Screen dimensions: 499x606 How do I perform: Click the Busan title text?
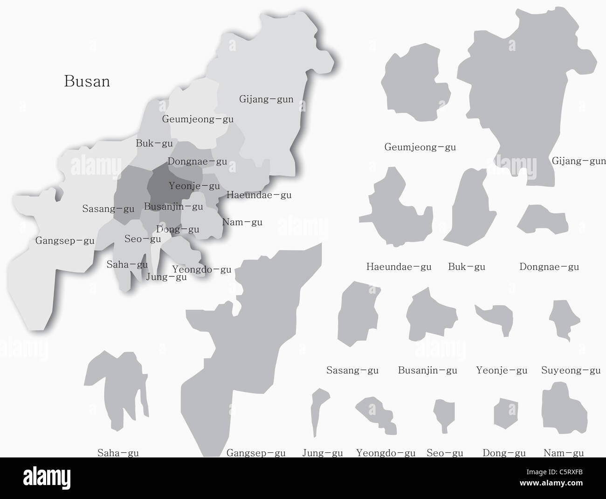pos(87,82)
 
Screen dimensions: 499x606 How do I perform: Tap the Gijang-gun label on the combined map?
pos(266,99)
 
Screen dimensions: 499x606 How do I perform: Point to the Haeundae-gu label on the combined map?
pos(259,195)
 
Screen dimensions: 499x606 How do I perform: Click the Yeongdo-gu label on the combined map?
pos(201,269)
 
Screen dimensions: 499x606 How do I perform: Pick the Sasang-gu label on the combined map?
pos(108,209)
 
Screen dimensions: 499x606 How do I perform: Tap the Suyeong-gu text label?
pos(571,371)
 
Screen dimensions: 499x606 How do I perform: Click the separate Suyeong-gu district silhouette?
pos(564,317)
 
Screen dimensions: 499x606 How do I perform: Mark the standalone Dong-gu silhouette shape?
pos(503,413)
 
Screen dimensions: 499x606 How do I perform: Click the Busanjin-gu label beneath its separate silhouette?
pos(427,371)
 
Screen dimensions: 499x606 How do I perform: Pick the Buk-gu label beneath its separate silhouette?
pos(466,267)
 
